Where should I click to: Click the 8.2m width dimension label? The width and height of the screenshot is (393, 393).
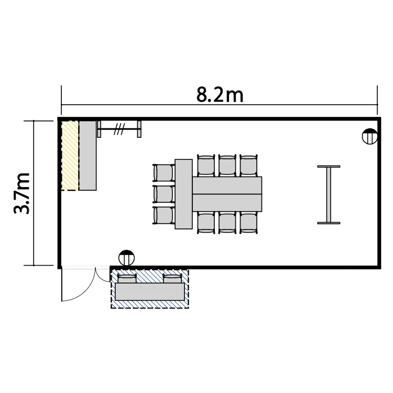click(x=220, y=95)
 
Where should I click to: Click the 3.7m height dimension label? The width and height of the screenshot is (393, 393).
click(x=21, y=193)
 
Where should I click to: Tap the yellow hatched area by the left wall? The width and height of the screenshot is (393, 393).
click(x=70, y=156)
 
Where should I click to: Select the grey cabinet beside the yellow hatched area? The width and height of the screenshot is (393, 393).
click(x=88, y=156)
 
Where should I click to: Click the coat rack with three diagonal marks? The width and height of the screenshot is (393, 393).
click(x=119, y=129)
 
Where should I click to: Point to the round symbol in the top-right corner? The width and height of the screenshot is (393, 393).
click(x=370, y=136)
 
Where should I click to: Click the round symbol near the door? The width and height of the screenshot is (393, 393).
click(x=127, y=258)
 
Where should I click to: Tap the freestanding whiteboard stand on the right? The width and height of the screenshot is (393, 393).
click(x=329, y=195)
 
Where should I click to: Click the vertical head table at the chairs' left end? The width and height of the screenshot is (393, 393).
click(x=184, y=194)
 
